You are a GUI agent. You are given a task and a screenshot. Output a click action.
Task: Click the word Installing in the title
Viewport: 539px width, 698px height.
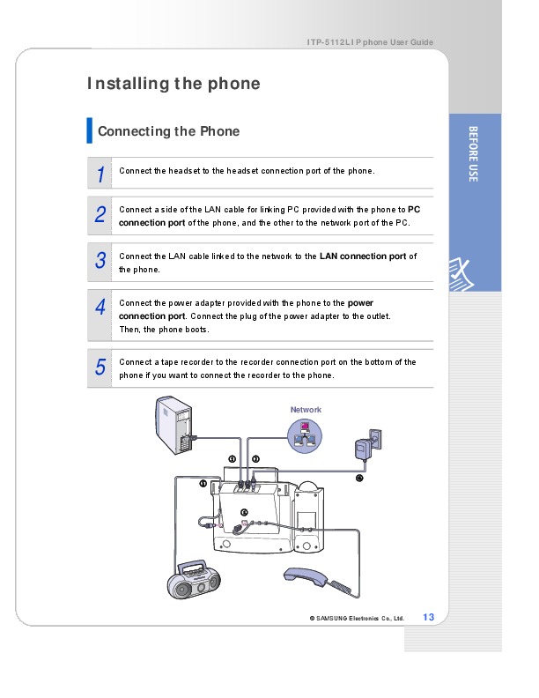127,85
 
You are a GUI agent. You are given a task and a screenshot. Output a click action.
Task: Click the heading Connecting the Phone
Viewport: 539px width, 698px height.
168,131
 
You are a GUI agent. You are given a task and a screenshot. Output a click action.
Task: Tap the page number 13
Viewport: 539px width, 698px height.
429,616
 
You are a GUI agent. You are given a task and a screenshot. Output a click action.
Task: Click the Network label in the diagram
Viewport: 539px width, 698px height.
306,410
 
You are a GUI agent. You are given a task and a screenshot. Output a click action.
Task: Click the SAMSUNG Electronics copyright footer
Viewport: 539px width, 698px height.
356,618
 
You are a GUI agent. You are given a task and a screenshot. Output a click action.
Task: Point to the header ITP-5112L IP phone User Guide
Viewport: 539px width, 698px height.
370,43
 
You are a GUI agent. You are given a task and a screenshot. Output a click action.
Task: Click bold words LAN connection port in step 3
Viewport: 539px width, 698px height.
362,256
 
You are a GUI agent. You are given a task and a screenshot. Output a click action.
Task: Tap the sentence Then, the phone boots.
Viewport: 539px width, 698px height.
165,330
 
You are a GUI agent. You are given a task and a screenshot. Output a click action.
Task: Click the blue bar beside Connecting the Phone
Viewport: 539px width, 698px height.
89,130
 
